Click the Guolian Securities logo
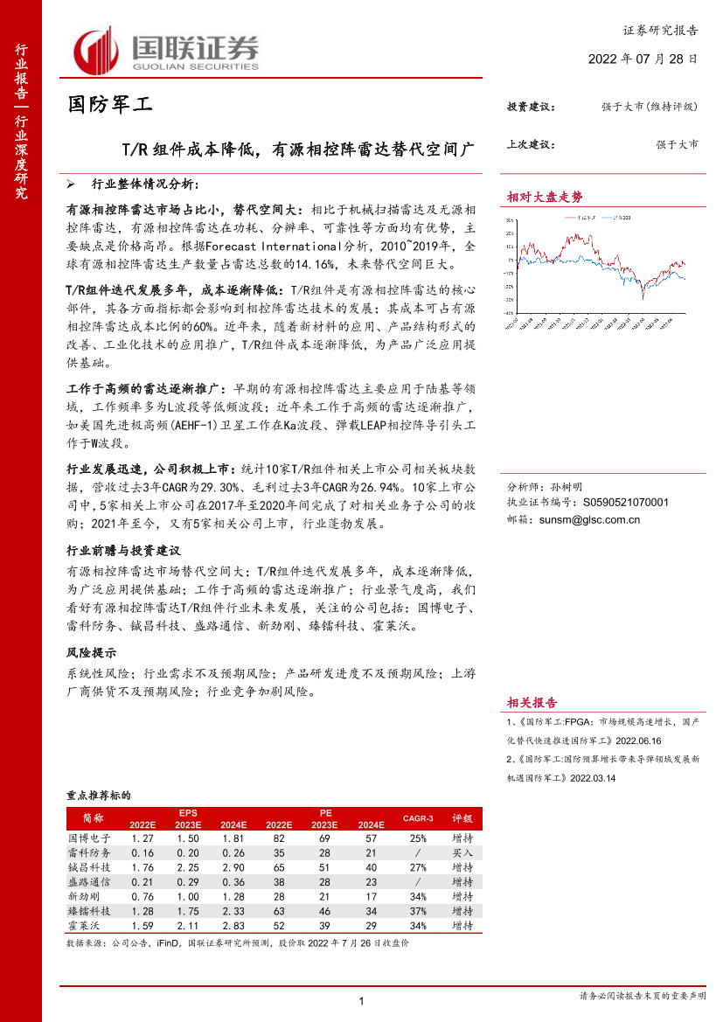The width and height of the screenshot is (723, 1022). tap(165, 51)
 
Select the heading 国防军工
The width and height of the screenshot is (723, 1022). tap(110, 106)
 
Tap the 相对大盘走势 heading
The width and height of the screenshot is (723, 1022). tap(546, 198)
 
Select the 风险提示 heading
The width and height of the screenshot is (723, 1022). tap(92, 653)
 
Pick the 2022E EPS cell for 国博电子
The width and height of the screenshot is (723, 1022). tap(142, 838)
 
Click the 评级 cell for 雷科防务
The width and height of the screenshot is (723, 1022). tap(462, 852)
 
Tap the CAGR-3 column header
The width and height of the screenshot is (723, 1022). tap(418, 818)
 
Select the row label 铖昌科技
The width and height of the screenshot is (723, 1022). tap(89, 867)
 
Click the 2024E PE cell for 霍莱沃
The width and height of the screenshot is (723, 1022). tap(371, 924)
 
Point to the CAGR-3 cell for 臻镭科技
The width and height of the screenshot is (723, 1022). tap(418, 910)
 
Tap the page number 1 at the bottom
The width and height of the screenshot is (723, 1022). tap(361, 1001)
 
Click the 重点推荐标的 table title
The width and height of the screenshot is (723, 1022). tap(98, 796)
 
